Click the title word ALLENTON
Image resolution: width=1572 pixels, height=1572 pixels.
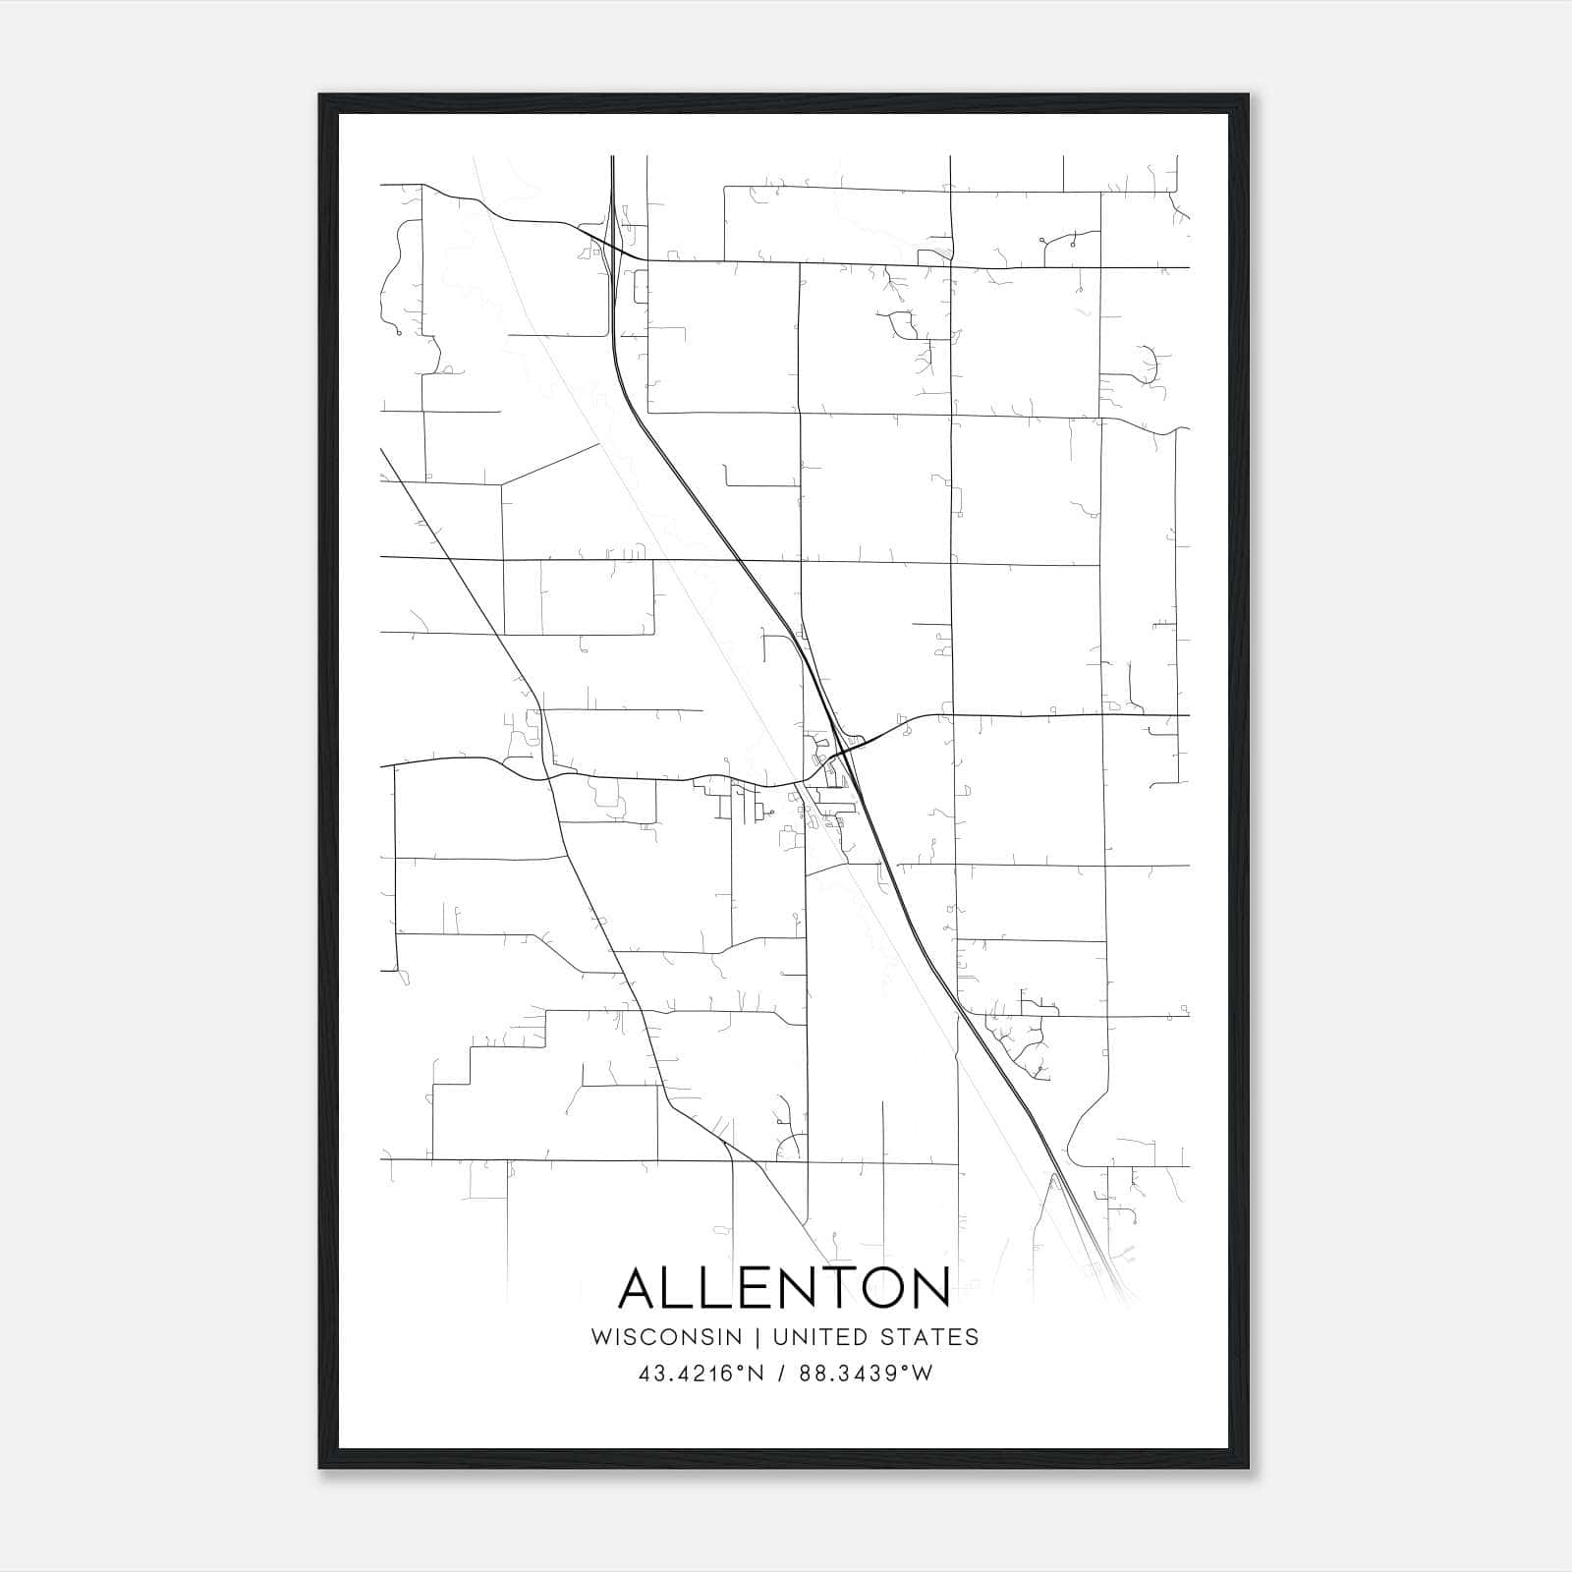(x=784, y=1288)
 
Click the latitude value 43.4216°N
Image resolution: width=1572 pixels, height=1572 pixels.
(x=701, y=1374)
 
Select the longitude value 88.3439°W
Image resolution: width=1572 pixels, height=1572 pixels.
(x=865, y=1374)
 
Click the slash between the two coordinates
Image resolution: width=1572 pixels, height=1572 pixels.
(x=781, y=1374)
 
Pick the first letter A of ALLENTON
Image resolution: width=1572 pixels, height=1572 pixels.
(x=642, y=1288)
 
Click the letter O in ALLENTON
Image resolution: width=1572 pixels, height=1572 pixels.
(x=879, y=1288)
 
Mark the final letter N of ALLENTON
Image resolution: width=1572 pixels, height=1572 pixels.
(x=928, y=1288)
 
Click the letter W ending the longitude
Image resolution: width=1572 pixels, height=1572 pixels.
(x=922, y=1374)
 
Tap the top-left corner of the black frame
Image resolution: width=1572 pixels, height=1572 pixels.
(x=320, y=95)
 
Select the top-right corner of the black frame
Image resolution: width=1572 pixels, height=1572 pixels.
(x=1248, y=95)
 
